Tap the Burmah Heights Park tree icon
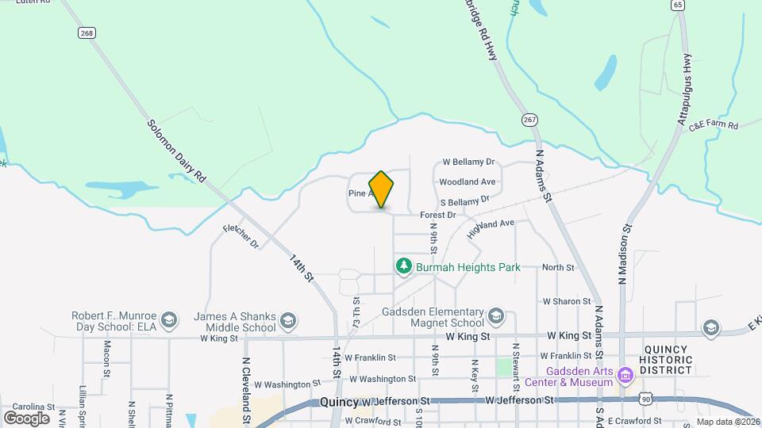[x=404, y=266]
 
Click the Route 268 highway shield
[x=87, y=32]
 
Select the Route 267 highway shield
[x=529, y=120]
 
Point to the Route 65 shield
[x=677, y=5]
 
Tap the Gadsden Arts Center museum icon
[x=625, y=373]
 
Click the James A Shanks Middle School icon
[x=288, y=321]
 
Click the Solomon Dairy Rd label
[x=176, y=151]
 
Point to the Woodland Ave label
[x=468, y=182]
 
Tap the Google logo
[x=26, y=418]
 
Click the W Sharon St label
[x=567, y=301]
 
